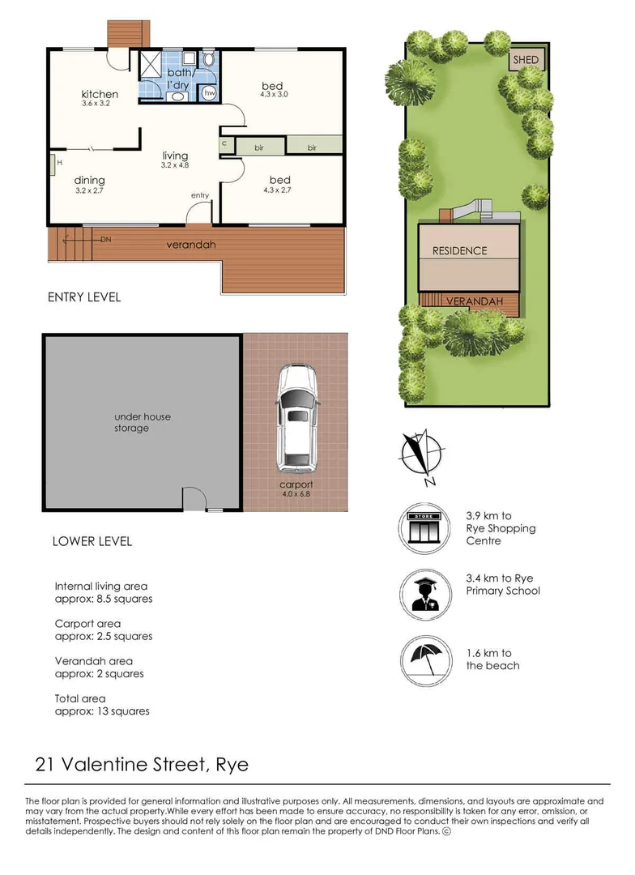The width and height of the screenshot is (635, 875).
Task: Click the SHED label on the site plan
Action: pos(526,60)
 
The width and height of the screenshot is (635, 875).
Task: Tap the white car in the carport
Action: pos(296,419)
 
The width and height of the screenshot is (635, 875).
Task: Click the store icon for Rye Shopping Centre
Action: pos(426,528)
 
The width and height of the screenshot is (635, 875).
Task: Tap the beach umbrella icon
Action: pos(426,659)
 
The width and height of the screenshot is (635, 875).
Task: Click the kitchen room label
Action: pos(100,95)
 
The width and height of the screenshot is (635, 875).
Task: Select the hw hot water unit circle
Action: pos(210,93)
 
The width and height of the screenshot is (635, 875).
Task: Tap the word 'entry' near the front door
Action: pos(200,195)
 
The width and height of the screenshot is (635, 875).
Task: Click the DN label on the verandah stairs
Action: pos(106,240)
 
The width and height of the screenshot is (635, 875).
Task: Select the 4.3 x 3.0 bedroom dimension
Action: pos(275,95)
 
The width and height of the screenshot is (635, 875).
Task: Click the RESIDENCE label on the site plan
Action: pos(459,251)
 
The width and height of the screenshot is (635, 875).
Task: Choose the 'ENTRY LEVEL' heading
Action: pos(84,297)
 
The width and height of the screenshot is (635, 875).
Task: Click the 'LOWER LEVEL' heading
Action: pos(92,541)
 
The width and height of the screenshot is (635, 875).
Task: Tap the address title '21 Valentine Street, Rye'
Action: pos(142,764)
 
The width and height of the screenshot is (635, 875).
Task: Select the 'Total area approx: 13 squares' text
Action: pos(102,705)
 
